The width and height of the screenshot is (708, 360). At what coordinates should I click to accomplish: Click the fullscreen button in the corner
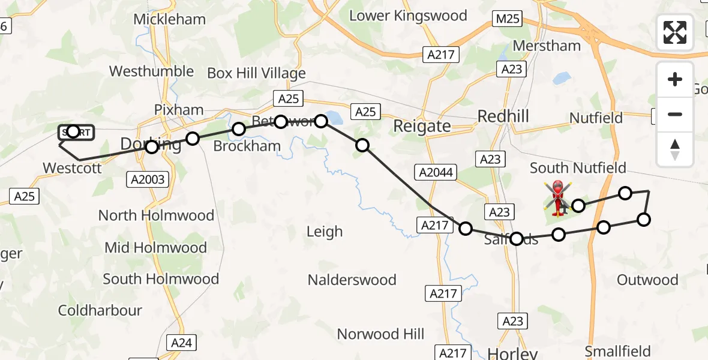pos(675,32)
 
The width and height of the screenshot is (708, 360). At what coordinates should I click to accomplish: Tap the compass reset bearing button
pos(675,149)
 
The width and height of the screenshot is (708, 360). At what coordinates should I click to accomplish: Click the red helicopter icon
pos(557,197)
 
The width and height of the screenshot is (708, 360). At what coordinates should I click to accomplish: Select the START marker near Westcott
pos(76,132)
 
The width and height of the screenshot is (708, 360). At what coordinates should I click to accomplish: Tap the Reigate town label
pos(422,126)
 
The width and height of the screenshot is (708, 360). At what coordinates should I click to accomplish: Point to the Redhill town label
pos(503,116)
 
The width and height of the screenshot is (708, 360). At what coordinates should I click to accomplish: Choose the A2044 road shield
pos(436,173)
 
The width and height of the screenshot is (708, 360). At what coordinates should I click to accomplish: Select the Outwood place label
pos(647,280)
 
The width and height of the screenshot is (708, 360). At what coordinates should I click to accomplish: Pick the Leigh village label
pos(325,232)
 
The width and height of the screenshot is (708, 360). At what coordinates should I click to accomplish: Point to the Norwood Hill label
pos(380,334)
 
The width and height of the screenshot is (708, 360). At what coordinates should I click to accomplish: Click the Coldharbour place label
pos(100,311)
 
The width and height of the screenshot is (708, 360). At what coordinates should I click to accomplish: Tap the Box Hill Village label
pos(256,73)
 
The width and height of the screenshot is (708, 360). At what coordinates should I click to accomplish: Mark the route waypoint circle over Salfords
pos(517,239)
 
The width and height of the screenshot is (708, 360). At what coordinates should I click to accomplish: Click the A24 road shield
pos(181,343)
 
